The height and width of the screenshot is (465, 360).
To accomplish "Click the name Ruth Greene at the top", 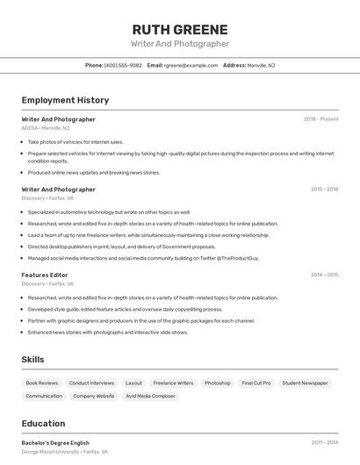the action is coord(179,30).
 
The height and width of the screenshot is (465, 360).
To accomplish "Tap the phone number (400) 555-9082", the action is coord(123,65).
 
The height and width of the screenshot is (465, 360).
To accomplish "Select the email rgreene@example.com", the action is coord(191,65).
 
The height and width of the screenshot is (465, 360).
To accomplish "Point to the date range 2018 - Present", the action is coord(320,119).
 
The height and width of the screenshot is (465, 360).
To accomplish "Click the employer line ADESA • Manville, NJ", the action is coord(46,128).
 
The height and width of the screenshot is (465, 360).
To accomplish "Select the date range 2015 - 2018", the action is coord(324,190).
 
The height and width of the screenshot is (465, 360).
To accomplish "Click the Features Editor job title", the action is coord(45,275).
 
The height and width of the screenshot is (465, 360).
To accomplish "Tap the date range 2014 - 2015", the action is coord(324,275).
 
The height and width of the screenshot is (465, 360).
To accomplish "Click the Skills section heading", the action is coord(33,360).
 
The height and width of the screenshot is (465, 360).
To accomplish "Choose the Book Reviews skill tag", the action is coord(42,383).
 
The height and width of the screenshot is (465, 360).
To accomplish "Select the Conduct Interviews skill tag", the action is coord(91,383).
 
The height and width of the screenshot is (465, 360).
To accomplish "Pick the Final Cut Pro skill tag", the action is coord(256,383).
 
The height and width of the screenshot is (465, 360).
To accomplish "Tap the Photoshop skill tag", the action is coord(217,383).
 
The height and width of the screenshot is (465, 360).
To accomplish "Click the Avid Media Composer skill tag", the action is coord(150,397).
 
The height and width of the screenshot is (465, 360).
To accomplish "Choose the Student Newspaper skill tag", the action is coord(305,383).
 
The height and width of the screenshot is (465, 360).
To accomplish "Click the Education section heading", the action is coord(43,424).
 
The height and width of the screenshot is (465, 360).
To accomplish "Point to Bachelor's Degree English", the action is coord(55,443).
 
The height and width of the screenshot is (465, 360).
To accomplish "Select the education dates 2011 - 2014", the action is coord(324,443).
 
